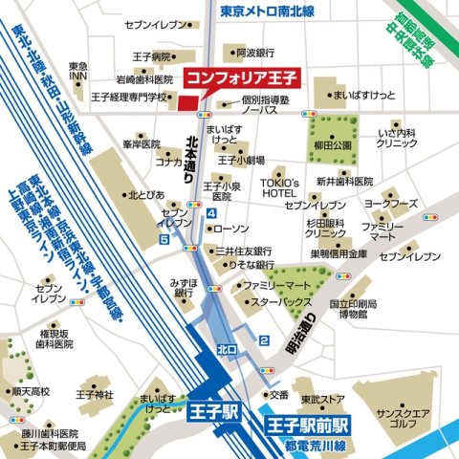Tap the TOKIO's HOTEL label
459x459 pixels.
(281, 188)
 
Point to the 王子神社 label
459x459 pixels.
(94, 394)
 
